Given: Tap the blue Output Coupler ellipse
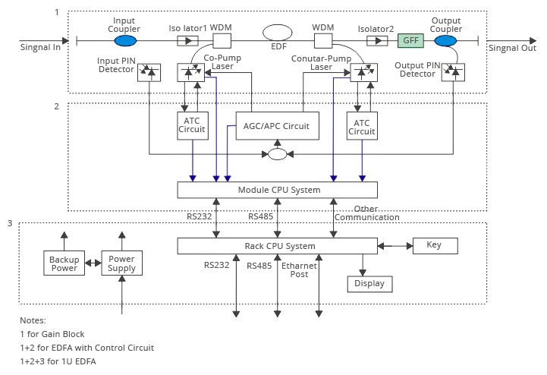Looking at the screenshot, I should coord(445,40).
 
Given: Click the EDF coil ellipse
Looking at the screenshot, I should coord(278,33).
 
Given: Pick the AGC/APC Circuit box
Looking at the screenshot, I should coord(278,126).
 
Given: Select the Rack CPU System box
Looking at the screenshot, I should coord(277,246).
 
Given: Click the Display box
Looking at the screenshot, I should coord(369,284).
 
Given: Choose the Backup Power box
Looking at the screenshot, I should coord(64,263).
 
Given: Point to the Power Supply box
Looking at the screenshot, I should coord(121,263).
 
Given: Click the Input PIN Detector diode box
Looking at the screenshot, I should coord(149,72).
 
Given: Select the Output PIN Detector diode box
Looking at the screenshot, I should coord(454,72).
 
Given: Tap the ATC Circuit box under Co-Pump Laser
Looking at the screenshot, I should coord(192,125).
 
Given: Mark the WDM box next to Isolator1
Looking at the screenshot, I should coord(222,40).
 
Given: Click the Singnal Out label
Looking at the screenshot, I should coord(512,48).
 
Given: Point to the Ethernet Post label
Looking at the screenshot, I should coord(294,269).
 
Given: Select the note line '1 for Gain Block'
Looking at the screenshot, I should coord(52,334).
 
